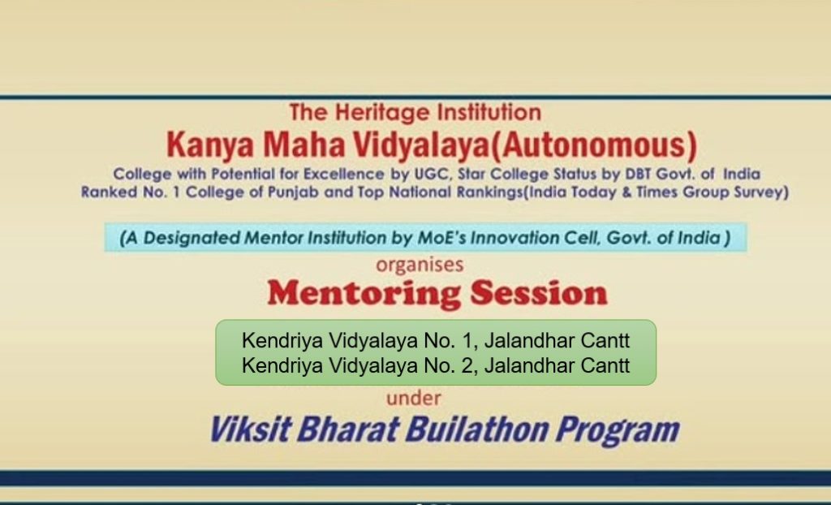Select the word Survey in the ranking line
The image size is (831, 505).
click(x=759, y=192)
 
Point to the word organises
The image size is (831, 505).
click(x=420, y=265)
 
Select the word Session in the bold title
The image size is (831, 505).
click(x=539, y=293)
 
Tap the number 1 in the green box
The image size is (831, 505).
click(x=467, y=340)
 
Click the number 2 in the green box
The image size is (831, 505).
click(x=467, y=365)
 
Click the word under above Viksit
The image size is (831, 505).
click(x=413, y=399)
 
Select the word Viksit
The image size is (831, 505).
click(x=251, y=429)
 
